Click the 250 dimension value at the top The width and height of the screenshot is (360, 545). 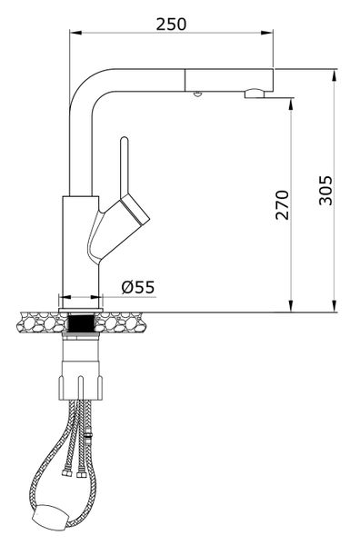pos(171,23)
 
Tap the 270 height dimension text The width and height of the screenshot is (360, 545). pos(282,205)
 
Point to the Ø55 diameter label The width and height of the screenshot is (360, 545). pos(138,287)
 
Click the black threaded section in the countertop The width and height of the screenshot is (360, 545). pos(82,321)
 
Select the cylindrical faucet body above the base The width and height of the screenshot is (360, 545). pos(78,245)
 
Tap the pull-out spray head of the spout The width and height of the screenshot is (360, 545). pos(227,79)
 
